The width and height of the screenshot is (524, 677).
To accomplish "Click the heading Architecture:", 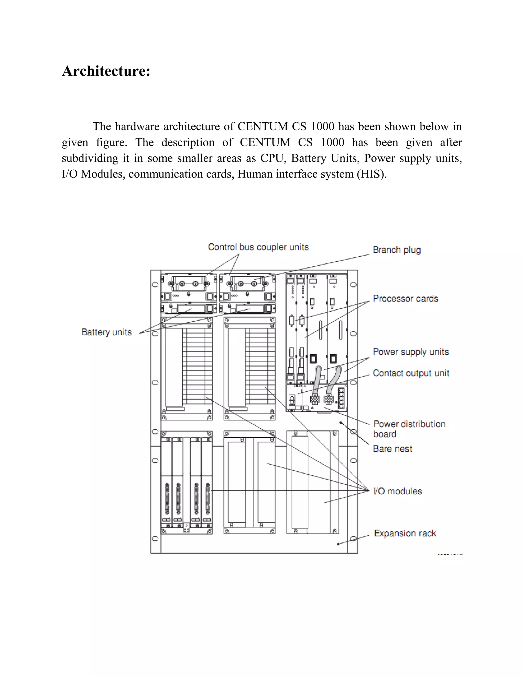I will (x=106, y=71).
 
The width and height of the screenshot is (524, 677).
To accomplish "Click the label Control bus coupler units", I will (x=258, y=247).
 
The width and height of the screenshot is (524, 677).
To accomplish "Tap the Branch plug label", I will (x=397, y=250).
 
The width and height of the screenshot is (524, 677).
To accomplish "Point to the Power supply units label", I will (x=411, y=352).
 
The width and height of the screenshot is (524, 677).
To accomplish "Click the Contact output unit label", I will (x=411, y=373).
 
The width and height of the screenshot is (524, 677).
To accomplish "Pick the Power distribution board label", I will (x=409, y=429).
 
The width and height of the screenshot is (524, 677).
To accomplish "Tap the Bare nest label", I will (x=393, y=449).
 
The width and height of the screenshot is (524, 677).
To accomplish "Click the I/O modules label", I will (x=398, y=491).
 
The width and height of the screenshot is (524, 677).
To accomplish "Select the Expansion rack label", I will (x=405, y=533).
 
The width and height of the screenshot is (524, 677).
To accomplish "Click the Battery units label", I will (x=106, y=332).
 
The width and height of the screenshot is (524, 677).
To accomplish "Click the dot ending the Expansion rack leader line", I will (x=338, y=544).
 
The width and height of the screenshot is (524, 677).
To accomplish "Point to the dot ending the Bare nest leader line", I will (x=341, y=423).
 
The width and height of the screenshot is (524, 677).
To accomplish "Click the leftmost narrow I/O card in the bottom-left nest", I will (x=166, y=484).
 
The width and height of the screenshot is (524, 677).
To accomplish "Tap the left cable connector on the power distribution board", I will (x=315, y=399).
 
